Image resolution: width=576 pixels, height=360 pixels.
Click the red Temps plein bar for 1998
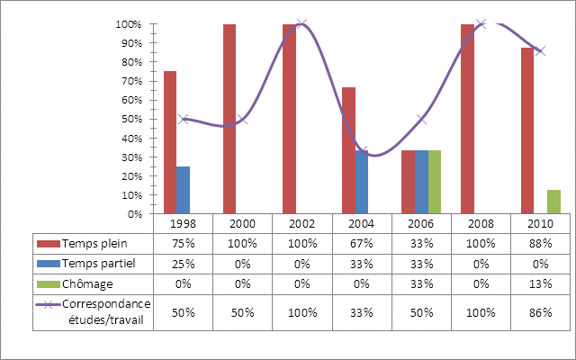tap(170, 142)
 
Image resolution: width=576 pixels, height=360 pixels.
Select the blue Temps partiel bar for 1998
tap(184, 190)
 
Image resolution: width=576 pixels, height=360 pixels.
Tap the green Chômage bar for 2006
tap(435, 182)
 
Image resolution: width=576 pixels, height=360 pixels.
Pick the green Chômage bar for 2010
tap(553, 202)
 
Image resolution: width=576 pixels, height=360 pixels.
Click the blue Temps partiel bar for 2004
tap(362, 182)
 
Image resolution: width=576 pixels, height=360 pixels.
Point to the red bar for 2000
tap(229, 119)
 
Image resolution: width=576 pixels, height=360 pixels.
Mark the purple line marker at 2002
tap(302, 24)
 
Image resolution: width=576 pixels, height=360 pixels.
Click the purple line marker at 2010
tap(540, 50)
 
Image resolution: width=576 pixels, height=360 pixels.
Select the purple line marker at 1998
tap(184, 119)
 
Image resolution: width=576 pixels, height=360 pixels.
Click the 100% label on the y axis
tap(131, 24)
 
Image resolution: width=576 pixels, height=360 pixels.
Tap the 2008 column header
tap(481, 223)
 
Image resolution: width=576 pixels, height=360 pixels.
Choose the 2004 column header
tap(362, 223)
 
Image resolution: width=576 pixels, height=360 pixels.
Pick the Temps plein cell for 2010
tap(540, 243)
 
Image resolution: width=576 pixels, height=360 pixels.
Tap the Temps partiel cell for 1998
tap(184, 263)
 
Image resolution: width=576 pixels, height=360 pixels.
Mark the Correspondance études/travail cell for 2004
tap(362, 311)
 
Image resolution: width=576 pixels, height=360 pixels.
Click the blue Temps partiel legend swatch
tap(48, 263)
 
